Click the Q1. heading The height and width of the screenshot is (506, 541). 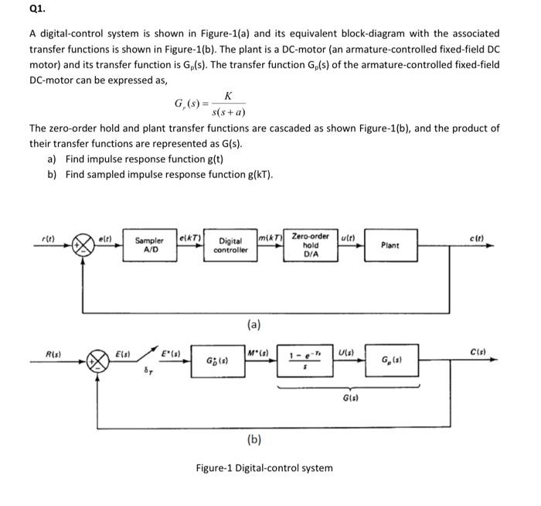pyautogui.click(x=14, y=11)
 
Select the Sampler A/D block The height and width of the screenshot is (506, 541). pyautogui.click(x=150, y=245)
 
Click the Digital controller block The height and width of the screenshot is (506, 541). pyautogui.click(x=230, y=245)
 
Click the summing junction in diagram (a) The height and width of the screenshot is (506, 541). pyautogui.click(x=82, y=245)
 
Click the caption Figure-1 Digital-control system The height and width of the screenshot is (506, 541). pyautogui.click(x=264, y=467)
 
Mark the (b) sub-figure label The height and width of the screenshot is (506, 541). pyautogui.click(x=253, y=439)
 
